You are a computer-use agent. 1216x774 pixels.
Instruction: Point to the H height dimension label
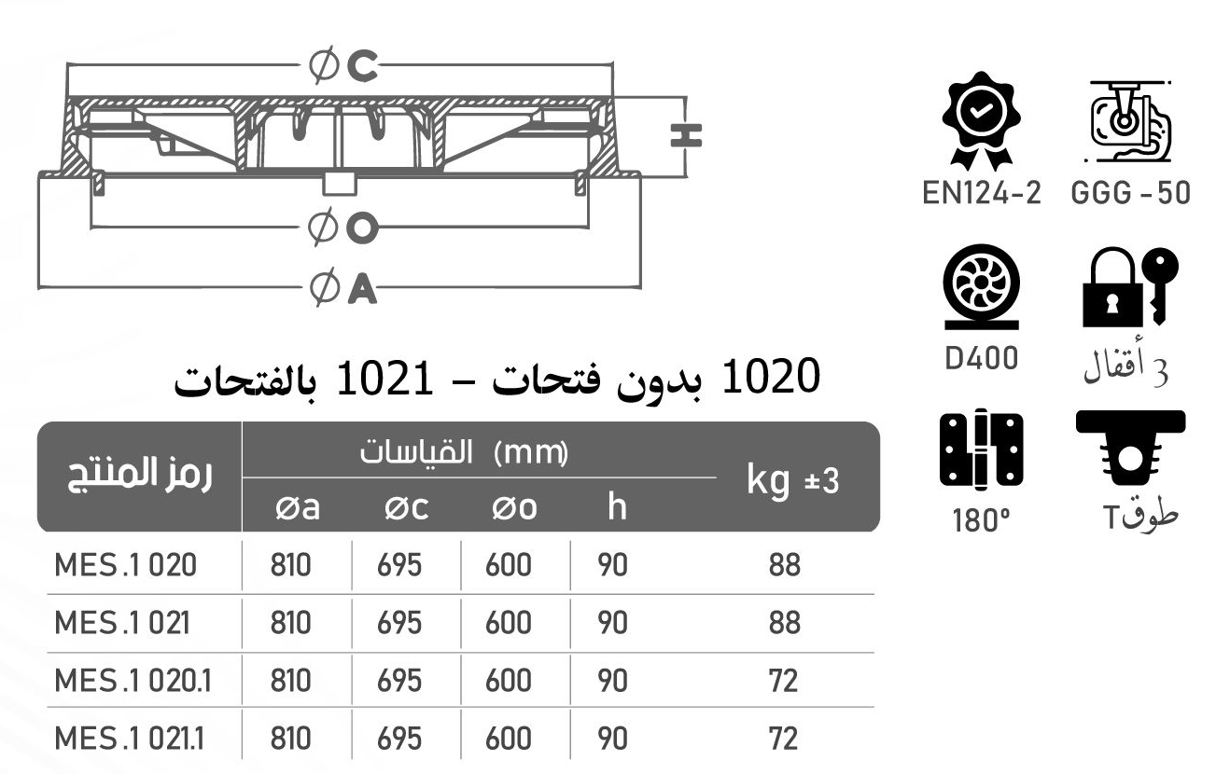pos(686,135)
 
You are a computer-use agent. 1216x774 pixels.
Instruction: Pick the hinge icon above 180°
pos(981,450)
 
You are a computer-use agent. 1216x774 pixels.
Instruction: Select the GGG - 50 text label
pos(1130,194)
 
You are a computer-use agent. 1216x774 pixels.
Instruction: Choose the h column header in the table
pos(614,508)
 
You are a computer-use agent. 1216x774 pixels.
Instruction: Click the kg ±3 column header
pos(793,481)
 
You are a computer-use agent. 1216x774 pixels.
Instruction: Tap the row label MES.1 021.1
pos(130,739)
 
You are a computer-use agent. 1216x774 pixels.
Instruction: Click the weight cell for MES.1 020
pos(785,565)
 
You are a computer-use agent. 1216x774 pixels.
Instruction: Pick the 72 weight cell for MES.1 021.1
pos(784,739)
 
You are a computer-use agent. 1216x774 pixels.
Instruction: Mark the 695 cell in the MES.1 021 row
pos(399,623)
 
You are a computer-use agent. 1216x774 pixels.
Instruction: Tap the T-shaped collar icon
pos(1130,450)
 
